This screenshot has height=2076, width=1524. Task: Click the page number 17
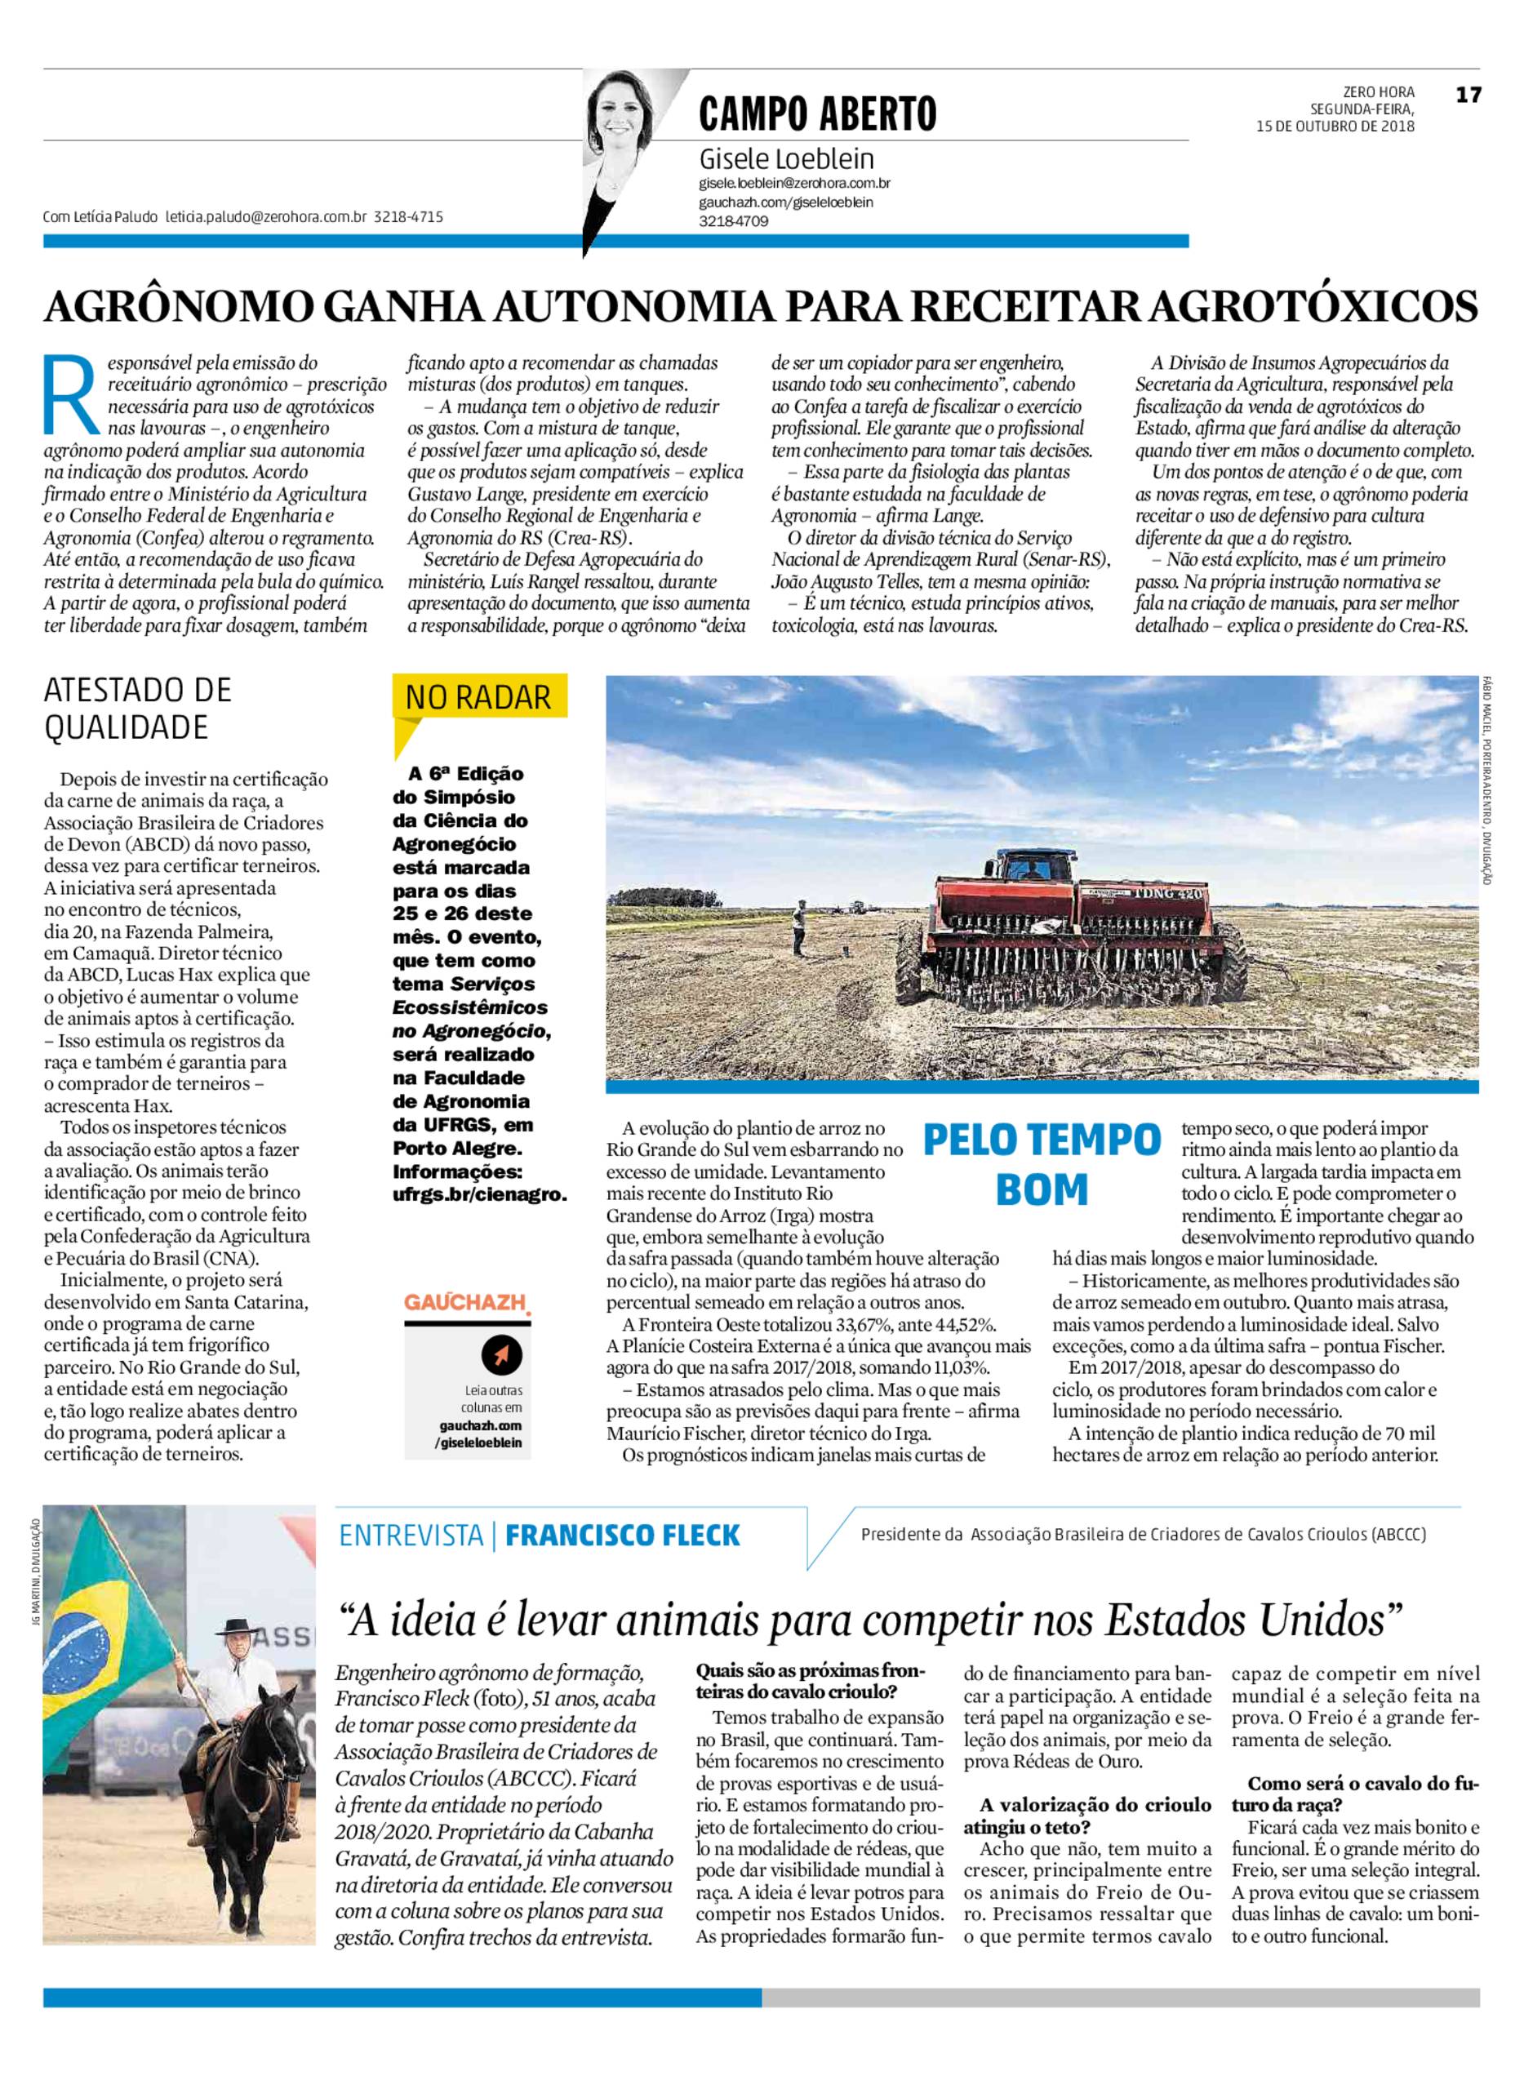[1468, 94]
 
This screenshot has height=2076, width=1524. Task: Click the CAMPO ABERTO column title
[817, 114]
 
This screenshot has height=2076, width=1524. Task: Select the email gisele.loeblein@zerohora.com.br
[794, 184]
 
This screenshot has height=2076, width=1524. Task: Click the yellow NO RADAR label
[479, 696]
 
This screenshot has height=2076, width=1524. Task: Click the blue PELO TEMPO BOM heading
[1042, 1163]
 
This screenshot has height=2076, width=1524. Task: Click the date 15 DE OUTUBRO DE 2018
[1335, 127]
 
